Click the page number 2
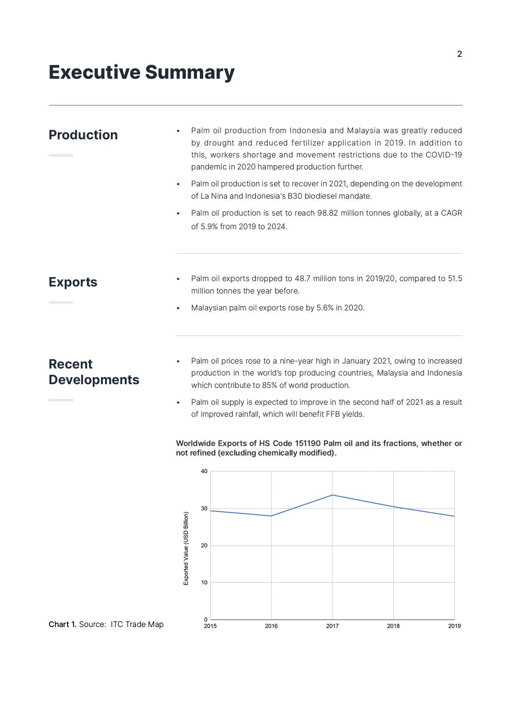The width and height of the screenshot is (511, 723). pyautogui.click(x=459, y=54)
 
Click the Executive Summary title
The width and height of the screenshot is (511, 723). pyautogui.click(x=141, y=72)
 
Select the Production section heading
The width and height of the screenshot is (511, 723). pyautogui.click(x=83, y=135)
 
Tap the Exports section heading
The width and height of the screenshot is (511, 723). pyautogui.click(x=73, y=282)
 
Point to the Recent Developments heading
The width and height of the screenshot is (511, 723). pyautogui.click(x=94, y=372)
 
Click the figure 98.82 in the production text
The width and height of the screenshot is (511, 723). pyautogui.click(x=328, y=213)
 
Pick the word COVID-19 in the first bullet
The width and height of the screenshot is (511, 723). pyautogui.click(x=443, y=155)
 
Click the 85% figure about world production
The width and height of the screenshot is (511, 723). pyautogui.click(x=269, y=385)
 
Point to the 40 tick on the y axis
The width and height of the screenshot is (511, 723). pyautogui.click(x=204, y=471)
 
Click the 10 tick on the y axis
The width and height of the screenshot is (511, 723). pyautogui.click(x=204, y=582)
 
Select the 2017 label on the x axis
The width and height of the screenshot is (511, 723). pyautogui.click(x=332, y=626)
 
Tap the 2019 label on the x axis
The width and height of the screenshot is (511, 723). pyautogui.click(x=454, y=626)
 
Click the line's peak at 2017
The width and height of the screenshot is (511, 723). pyautogui.click(x=332, y=495)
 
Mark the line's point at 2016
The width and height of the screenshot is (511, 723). pyautogui.click(x=271, y=516)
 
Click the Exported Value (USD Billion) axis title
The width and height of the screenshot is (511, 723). pyautogui.click(x=186, y=548)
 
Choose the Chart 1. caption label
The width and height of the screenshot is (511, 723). pyautogui.click(x=63, y=624)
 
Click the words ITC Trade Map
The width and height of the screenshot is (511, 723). pyautogui.click(x=137, y=624)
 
